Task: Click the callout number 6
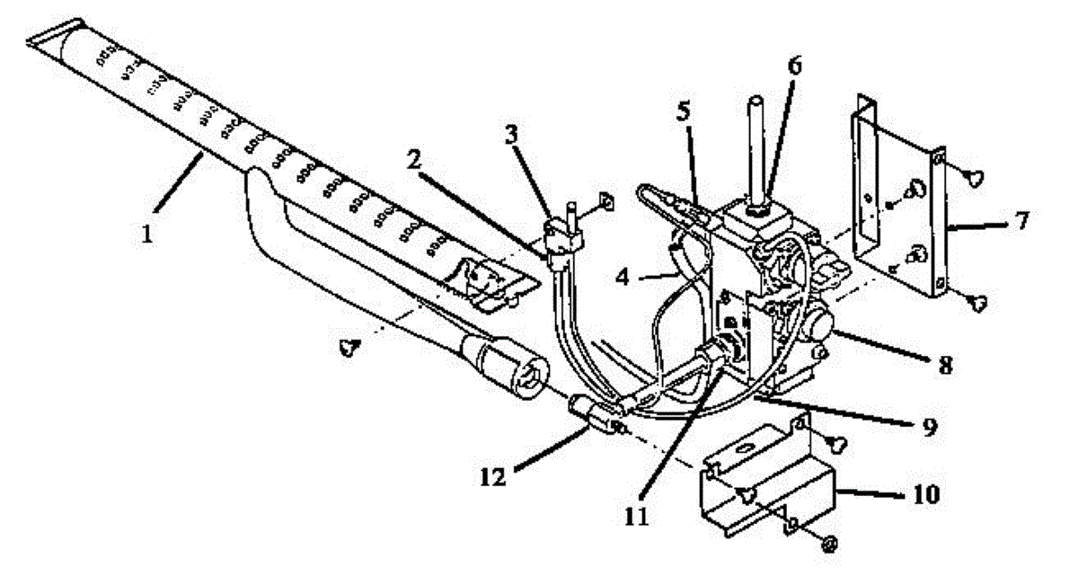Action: (x=795, y=67)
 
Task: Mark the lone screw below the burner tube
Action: (x=348, y=347)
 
